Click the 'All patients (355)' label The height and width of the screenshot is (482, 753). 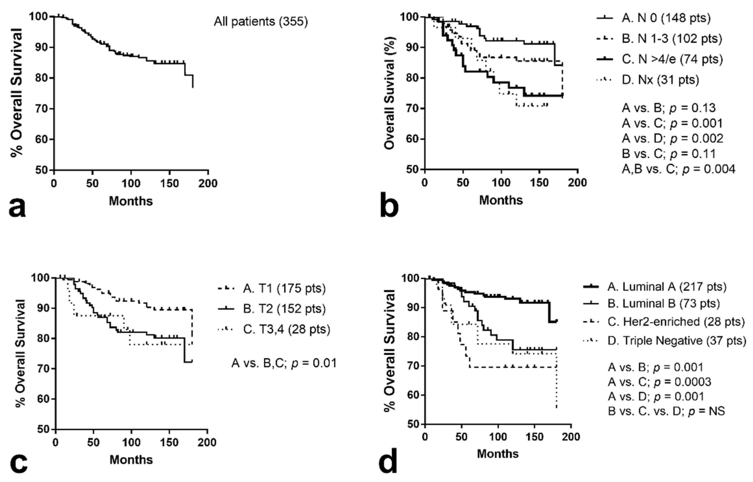(x=261, y=22)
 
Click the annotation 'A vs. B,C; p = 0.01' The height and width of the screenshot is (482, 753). (x=284, y=363)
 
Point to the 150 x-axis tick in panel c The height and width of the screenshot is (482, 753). (x=170, y=443)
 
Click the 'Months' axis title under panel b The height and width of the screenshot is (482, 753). (x=501, y=200)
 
